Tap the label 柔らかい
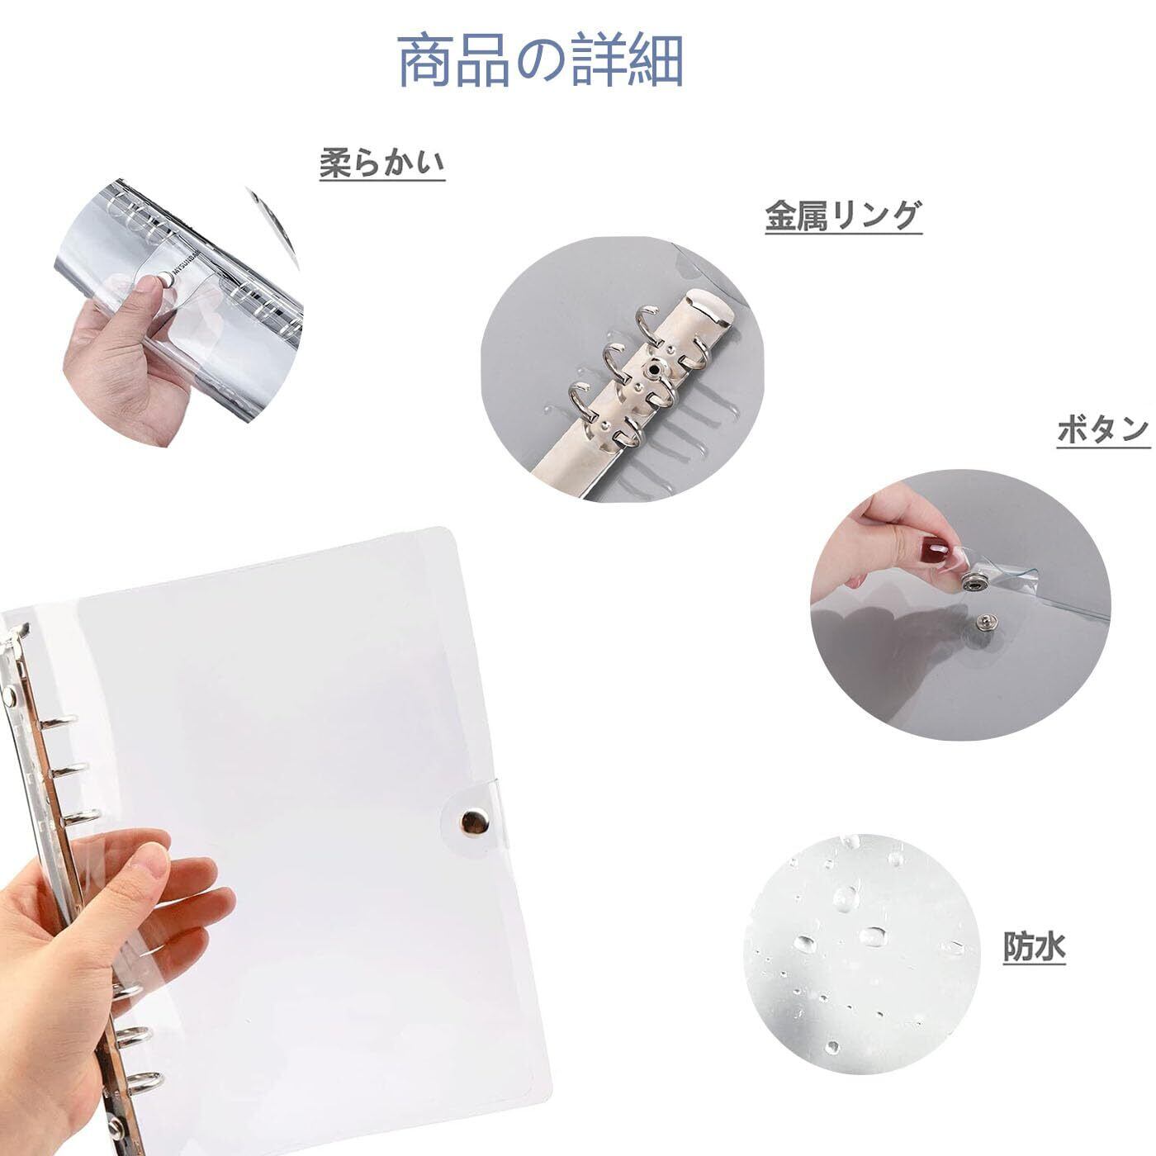382,163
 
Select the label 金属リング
843,216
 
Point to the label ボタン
1103,430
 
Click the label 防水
1034,947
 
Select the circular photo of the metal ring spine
623,369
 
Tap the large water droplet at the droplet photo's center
874,936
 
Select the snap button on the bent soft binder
163,277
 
